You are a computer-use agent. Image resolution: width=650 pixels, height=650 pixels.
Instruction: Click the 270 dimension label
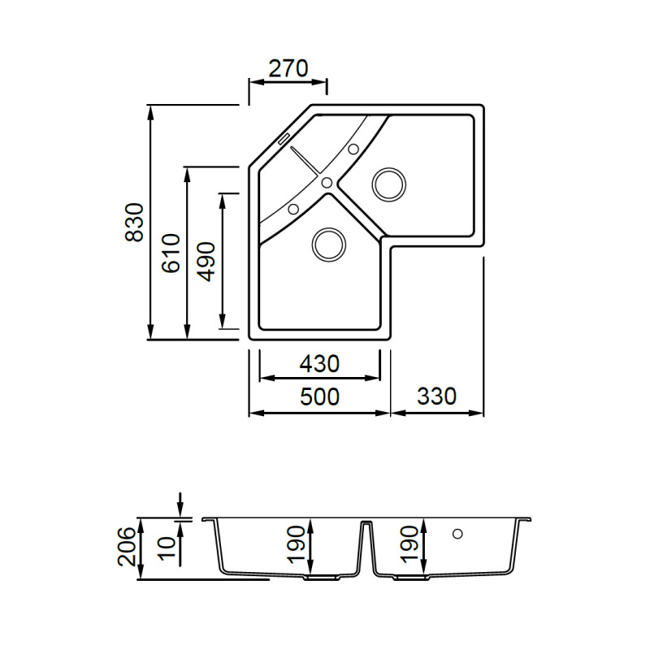click(288, 69)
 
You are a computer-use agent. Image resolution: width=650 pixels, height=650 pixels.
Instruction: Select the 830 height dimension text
click(135, 222)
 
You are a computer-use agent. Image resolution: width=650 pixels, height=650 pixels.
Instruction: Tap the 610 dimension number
click(171, 253)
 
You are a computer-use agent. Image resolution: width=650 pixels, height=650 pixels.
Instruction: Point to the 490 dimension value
click(206, 262)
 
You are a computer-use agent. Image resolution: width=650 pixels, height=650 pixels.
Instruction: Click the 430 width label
click(319, 364)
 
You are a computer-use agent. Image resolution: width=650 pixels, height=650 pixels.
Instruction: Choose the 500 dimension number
click(319, 396)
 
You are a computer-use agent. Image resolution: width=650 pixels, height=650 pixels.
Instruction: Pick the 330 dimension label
click(436, 396)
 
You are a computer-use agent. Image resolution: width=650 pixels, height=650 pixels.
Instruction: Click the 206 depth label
click(127, 546)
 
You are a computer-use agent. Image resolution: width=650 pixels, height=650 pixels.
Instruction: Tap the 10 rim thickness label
click(167, 548)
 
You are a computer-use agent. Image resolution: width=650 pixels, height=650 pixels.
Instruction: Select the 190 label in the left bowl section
click(297, 544)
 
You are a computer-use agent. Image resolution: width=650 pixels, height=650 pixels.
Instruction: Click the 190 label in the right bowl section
click(410, 544)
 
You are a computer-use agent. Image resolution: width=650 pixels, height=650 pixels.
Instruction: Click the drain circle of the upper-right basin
click(389, 185)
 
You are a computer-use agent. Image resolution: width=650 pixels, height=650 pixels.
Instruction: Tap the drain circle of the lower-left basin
click(329, 245)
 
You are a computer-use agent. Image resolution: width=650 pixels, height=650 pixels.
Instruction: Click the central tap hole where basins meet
click(327, 182)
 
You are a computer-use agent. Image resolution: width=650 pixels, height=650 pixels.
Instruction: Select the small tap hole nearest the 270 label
click(353, 149)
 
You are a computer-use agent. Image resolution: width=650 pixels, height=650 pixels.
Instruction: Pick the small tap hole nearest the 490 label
click(293, 209)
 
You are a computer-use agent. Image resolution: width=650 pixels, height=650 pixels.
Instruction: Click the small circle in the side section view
click(457, 534)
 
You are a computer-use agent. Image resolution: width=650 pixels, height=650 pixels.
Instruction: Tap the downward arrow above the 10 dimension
click(180, 505)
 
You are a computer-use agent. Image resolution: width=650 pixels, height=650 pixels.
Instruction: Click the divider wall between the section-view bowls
click(366, 546)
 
